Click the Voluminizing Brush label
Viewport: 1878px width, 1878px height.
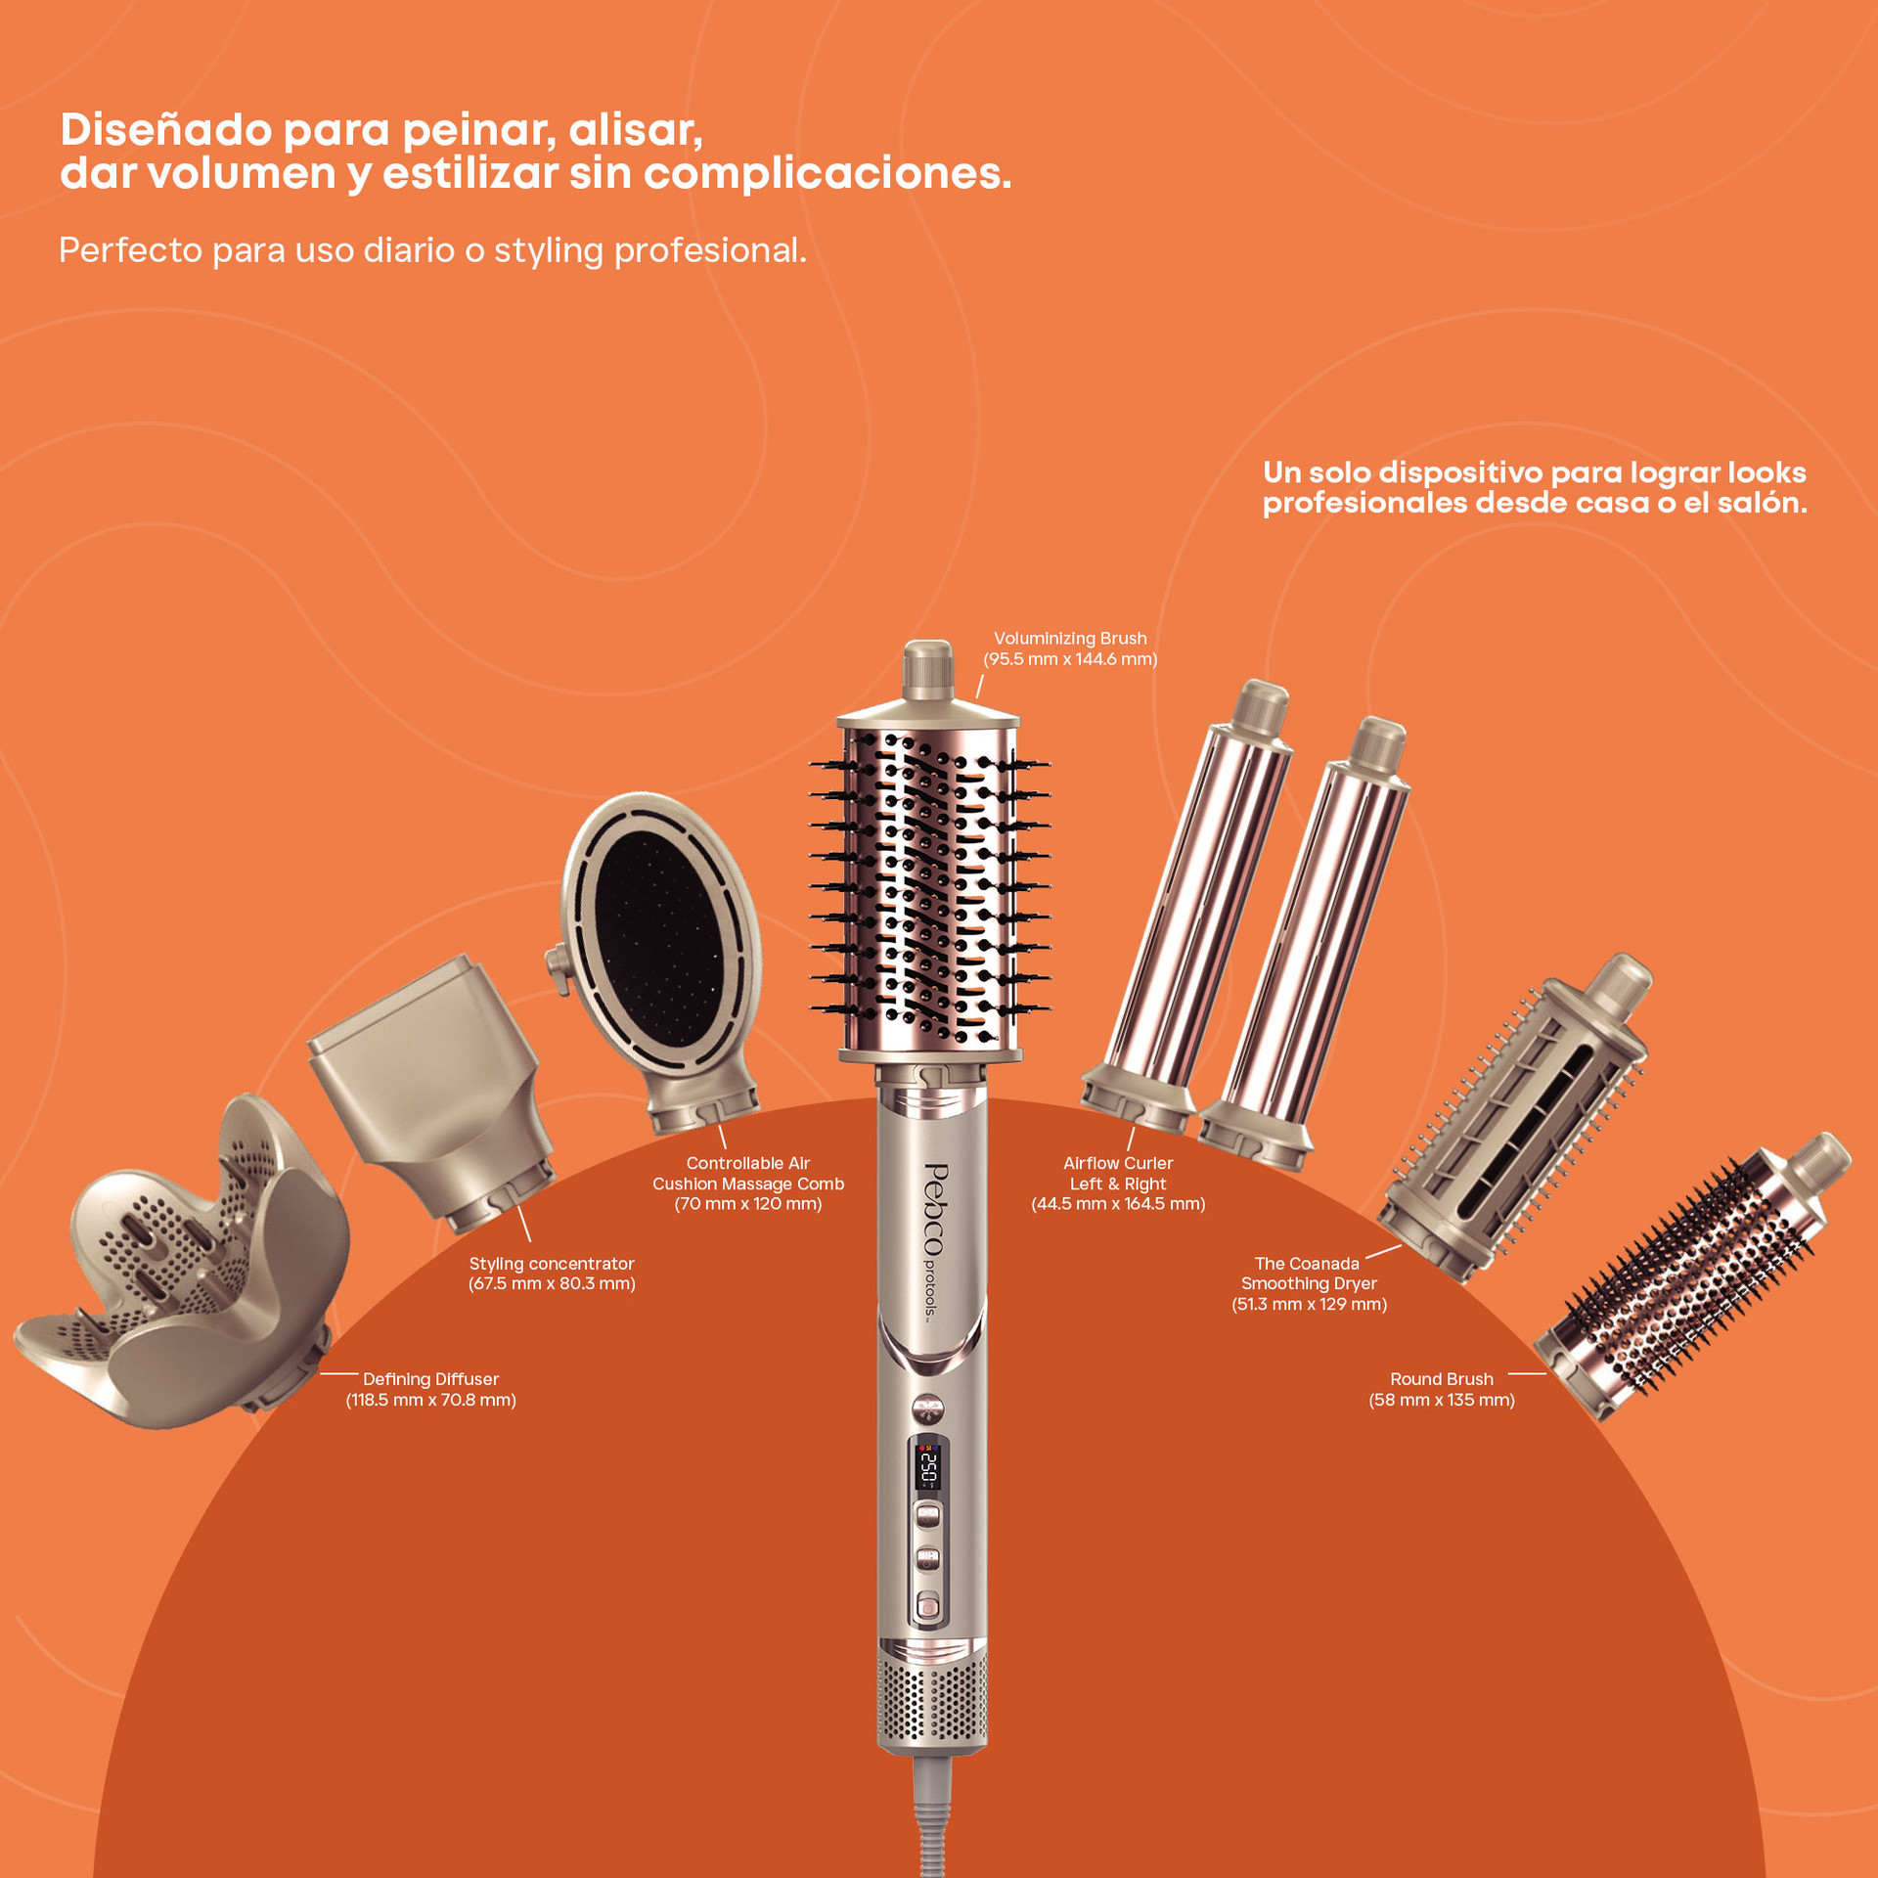pos(1070,648)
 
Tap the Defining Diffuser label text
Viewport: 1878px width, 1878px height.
pos(430,1389)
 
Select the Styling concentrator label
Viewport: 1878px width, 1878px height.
pos(552,1274)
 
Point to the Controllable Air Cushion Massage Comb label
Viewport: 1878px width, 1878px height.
pos(748,1184)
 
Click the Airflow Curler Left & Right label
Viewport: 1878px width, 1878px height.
pos(1118,1184)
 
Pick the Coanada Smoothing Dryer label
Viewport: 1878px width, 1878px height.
pos(1309,1283)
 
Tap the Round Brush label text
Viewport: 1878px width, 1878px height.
pos(1442,1389)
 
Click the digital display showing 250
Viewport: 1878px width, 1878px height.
pos(928,1464)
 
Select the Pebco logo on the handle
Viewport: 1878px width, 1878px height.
pos(935,1210)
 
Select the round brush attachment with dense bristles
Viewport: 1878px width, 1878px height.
pos(1692,1276)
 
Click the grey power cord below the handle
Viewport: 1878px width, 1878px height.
pos(932,1815)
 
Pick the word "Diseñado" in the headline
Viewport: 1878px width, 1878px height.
pos(165,129)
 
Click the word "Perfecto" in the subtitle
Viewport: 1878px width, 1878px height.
pos(130,250)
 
